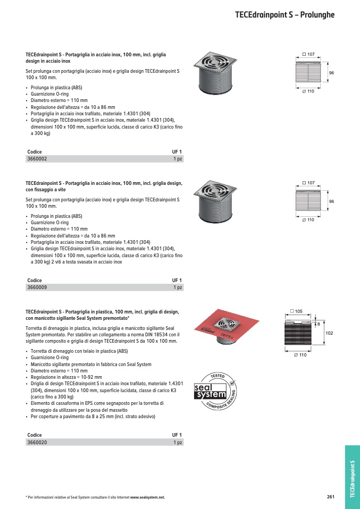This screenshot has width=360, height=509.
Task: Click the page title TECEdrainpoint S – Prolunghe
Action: [x=284, y=15]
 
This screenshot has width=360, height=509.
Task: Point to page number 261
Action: [x=331, y=497]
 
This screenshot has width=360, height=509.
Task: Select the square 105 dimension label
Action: [x=296, y=311]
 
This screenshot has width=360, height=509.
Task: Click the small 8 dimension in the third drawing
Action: [x=318, y=323]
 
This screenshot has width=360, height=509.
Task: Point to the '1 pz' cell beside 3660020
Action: [x=178, y=442]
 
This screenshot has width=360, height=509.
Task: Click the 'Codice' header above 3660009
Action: [x=34, y=281]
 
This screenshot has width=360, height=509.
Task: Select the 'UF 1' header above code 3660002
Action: [x=177, y=152]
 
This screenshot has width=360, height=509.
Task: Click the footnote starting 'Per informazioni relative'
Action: [x=95, y=497]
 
